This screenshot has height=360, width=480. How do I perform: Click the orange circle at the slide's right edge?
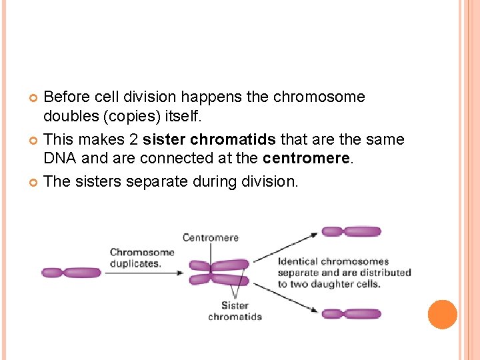pyautogui.click(x=443, y=315)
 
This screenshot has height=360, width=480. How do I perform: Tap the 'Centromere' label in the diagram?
pyautogui.click(x=211, y=237)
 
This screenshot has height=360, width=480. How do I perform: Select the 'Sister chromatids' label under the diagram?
pyautogui.click(x=235, y=311)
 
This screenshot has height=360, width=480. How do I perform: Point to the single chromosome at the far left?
pyautogui.click(x=71, y=272)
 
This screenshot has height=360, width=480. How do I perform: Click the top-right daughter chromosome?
pyautogui.click(x=351, y=231)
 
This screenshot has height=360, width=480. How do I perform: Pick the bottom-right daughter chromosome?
pyautogui.click(x=351, y=314)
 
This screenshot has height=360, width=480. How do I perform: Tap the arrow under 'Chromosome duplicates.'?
pyautogui.click(x=143, y=272)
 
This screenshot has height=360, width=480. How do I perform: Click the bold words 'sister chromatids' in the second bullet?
pyautogui.click(x=209, y=139)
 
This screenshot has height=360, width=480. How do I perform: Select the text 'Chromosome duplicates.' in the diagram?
pyautogui.click(x=142, y=257)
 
